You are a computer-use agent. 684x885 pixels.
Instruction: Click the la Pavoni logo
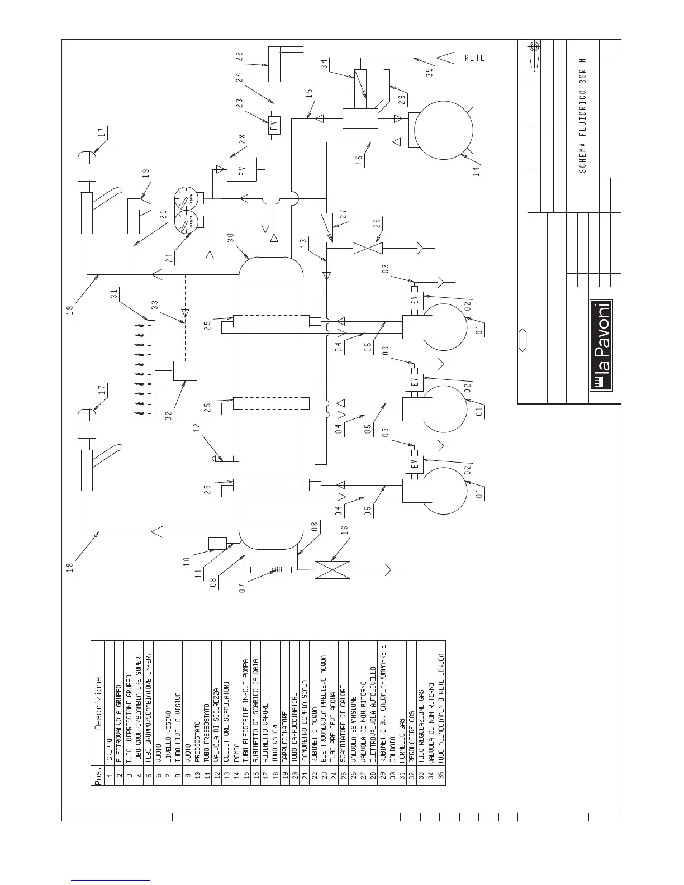(602, 345)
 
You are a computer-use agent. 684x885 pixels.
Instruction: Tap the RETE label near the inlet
(474, 58)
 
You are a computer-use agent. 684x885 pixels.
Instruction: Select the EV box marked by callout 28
(242, 170)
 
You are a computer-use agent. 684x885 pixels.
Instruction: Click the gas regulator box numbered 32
(185, 370)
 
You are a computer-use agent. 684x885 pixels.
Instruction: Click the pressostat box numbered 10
(217, 543)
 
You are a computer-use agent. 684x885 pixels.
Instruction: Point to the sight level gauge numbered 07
(272, 569)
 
